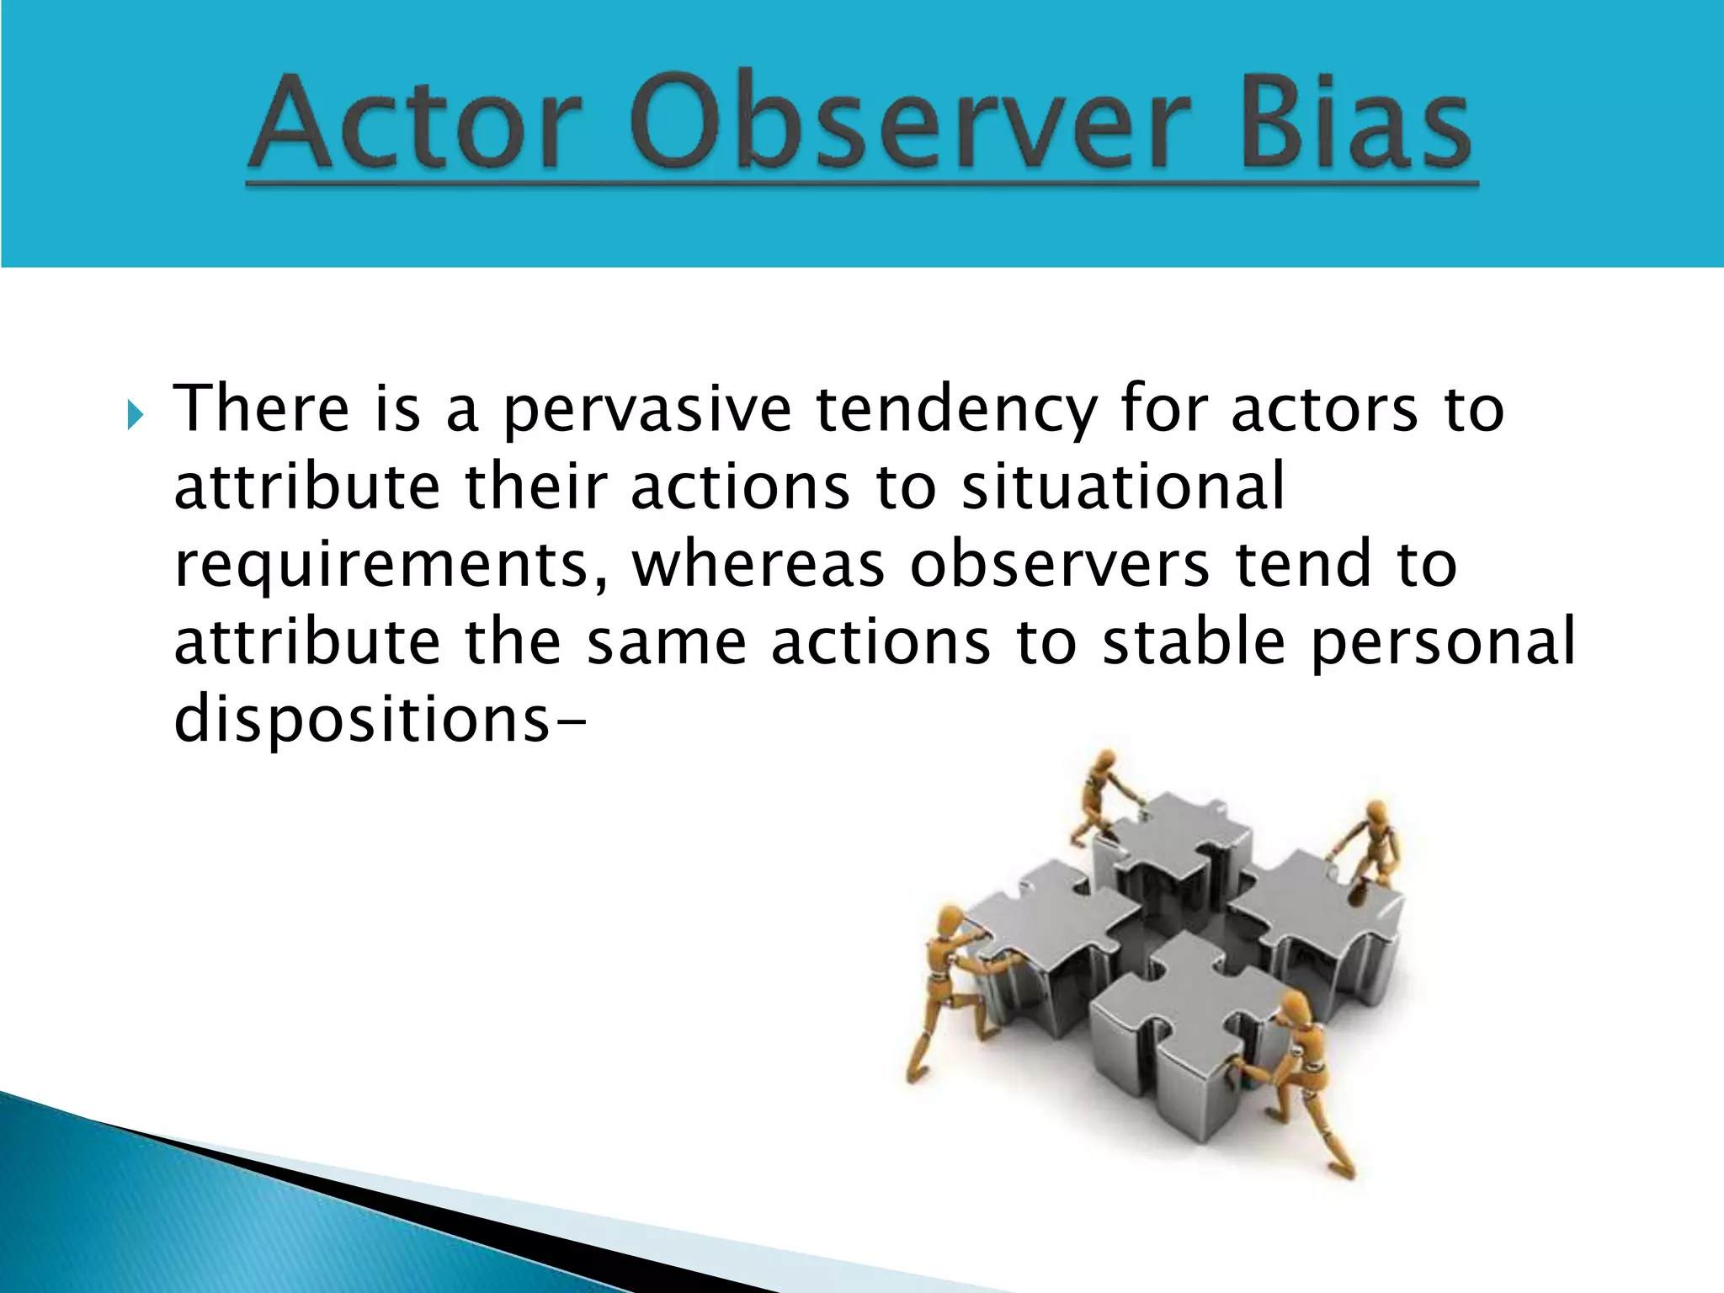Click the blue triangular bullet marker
pyautogui.click(x=135, y=415)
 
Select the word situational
pyautogui.click(x=1123, y=487)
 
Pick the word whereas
pyautogui.click(x=758, y=566)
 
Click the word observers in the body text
pyautogui.click(x=1059, y=566)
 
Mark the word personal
pyautogui.click(x=1443, y=641)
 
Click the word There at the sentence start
pyautogui.click(x=261, y=410)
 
